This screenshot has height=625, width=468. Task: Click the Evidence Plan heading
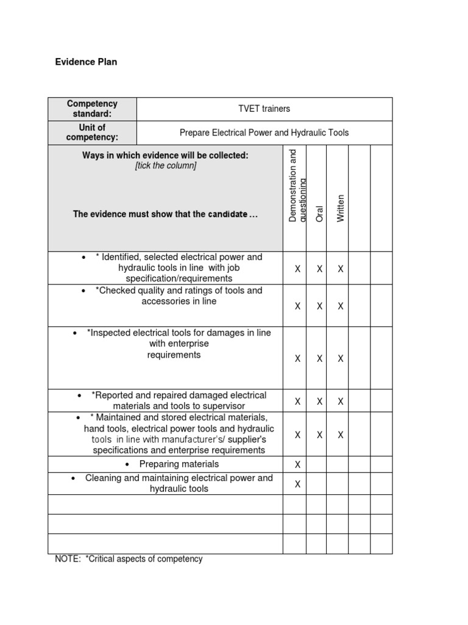[86, 62]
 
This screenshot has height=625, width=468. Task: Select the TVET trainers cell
[264, 109]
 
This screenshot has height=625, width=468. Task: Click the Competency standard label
[92, 109]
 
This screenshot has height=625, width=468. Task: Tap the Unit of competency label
[92, 132]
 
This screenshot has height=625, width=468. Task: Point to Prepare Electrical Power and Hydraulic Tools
[264, 132]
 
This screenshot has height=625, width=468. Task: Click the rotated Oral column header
[319, 213]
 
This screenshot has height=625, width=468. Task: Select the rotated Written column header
[341, 208]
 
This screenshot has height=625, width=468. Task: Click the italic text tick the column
[166, 166]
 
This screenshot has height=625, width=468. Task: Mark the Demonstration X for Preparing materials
[297, 464]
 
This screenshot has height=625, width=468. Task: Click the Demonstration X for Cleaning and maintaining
[297, 484]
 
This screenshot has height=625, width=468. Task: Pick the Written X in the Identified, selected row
[341, 269]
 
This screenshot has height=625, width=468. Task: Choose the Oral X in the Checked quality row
[319, 306]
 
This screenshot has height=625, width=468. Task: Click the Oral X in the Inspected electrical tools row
[319, 359]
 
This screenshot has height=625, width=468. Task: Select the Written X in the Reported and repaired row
[341, 401]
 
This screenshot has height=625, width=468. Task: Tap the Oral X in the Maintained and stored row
[319, 435]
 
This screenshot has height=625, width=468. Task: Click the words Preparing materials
[179, 464]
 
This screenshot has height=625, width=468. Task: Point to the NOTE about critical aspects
[129, 558]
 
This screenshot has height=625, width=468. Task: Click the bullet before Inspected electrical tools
[74, 333]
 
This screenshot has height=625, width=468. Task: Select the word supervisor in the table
[224, 406]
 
